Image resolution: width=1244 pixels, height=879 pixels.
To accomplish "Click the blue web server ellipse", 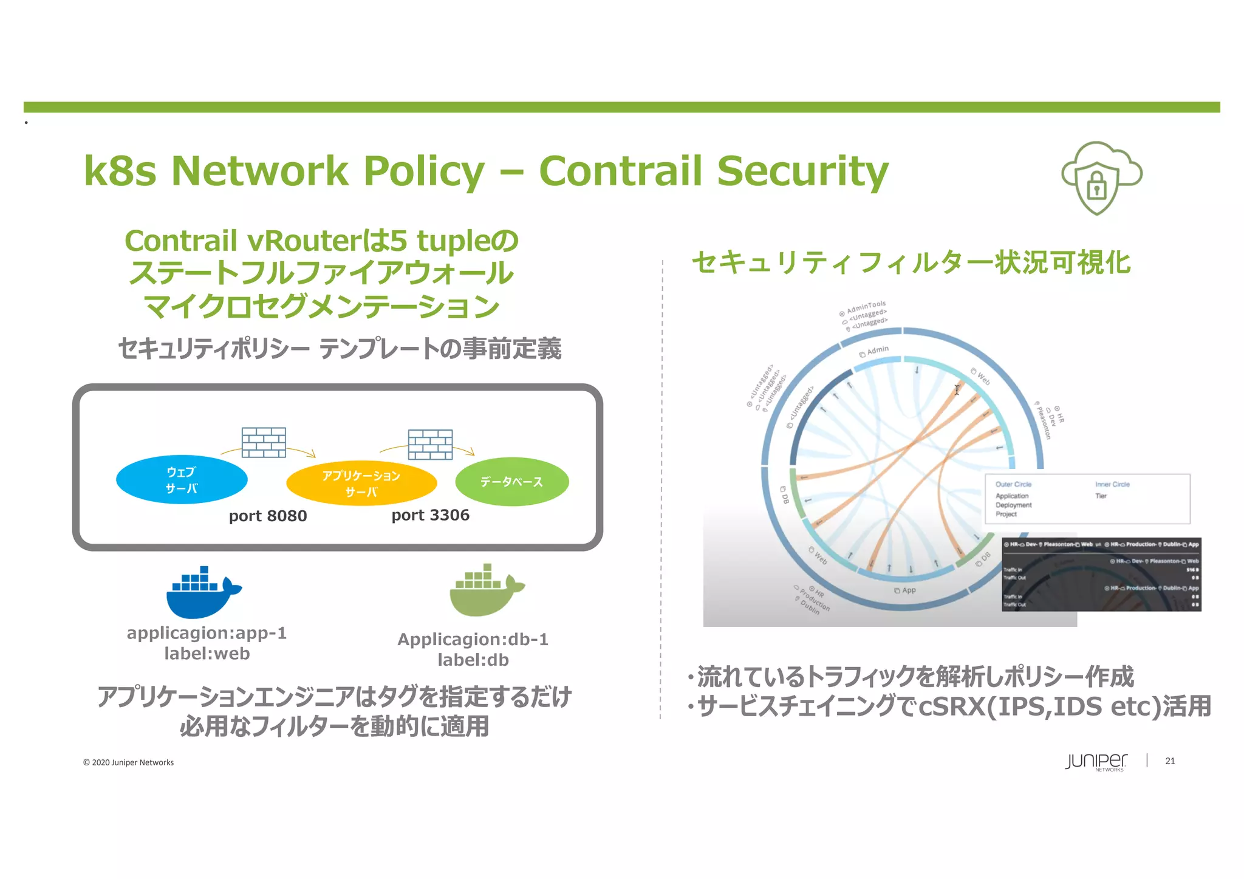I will [x=182, y=480].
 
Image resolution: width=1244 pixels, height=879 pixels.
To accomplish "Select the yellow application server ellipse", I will [x=361, y=484].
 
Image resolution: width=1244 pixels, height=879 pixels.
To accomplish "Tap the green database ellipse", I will [x=511, y=482].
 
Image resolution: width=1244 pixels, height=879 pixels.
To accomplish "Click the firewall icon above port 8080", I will [x=264, y=442].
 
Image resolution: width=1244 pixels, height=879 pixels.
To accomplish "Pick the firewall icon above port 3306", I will [x=430, y=444].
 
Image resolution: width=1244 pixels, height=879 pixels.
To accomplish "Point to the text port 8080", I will [x=268, y=516].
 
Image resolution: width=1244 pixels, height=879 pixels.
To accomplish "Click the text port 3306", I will [x=430, y=515].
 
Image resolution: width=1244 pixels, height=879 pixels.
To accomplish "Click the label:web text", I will [x=207, y=654].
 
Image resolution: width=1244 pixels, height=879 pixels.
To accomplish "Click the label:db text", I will [x=473, y=660].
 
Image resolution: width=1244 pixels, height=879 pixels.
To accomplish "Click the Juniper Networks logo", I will [x=1096, y=762].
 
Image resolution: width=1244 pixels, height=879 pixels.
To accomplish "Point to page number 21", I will [x=1170, y=761].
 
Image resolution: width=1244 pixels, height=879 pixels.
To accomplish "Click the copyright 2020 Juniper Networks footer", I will [x=128, y=762].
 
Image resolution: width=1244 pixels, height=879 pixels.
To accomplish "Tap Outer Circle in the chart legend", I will [x=1013, y=484].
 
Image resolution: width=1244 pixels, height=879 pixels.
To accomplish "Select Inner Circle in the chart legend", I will [x=1112, y=484].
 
